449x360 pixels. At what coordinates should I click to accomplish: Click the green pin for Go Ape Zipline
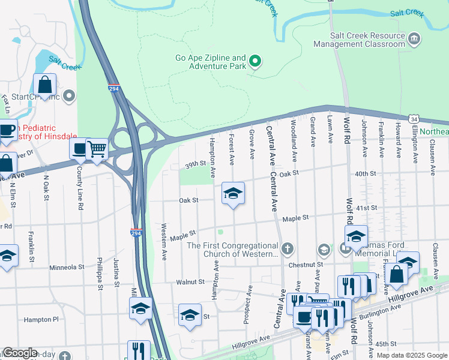point(255,61)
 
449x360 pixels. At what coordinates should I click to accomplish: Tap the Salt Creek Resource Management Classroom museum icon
point(414,40)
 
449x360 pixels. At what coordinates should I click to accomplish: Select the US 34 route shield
point(414,120)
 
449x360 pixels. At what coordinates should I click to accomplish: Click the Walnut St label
point(191,281)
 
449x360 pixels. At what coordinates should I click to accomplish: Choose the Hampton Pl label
point(41,320)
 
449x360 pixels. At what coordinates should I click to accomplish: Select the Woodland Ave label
point(294,133)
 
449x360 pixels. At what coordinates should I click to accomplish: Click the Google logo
point(19,353)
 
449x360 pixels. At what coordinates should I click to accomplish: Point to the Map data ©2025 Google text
point(411,355)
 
